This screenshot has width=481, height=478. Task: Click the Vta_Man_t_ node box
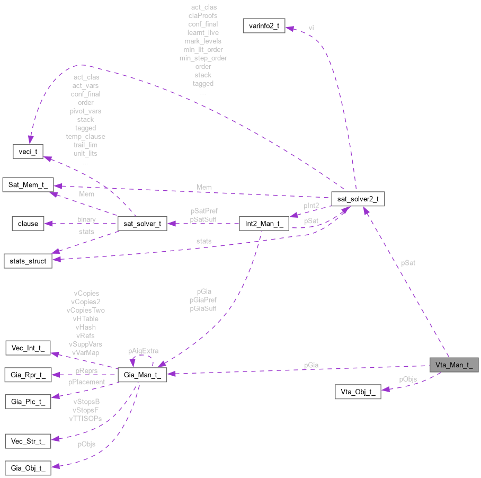pyautogui.click(x=453, y=365)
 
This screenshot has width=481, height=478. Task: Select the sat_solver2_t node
pyautogui.click(x=358, y=199)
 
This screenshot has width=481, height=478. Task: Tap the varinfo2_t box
pyautogui.click(x=264, y=25)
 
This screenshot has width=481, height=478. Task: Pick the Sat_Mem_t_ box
pyautogui.click(x=28, y=185)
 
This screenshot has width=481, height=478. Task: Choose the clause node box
pyautogui.click(x=28, y=223)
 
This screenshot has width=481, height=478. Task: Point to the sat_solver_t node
pyautogui.click(x=142, y=223)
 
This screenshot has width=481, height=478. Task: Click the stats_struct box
pyautogui.click(x=28, y=261)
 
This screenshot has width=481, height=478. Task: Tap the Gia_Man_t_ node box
pyautogui.click(x=142, y=375)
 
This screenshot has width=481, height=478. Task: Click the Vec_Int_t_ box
pyautogui.click(x=28, y=348)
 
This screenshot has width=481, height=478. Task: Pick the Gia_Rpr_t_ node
pyautogui.click(x=28, y=375)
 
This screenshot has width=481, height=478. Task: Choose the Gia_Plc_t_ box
pyautogui.click(x=28, y=401)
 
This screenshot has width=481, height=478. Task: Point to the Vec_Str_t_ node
pyautogui.click(x=28, y=441)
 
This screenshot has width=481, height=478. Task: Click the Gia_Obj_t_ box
pyautogui.click(x=28, y=467)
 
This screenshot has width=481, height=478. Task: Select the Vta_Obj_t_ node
pyautogui.click(x=358, y=392)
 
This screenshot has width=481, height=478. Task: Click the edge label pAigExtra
pyautogui.click(x=142, y=351)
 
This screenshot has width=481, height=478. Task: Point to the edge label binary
pyautogui.click(x=86, y=219)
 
